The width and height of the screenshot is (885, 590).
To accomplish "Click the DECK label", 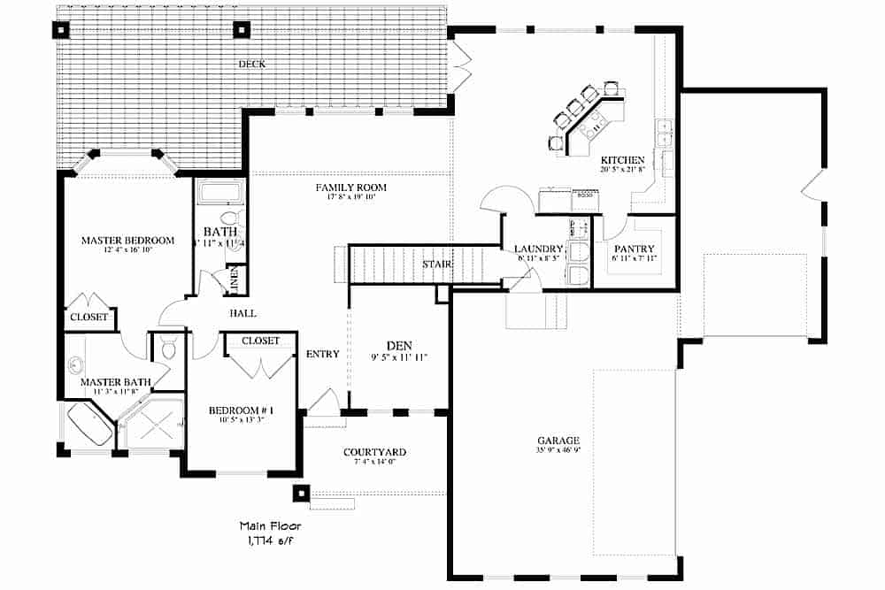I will pos(251,64).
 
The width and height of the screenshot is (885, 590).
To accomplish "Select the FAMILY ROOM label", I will pos(351,188).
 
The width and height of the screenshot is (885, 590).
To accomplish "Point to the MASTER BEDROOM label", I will pos(127,240).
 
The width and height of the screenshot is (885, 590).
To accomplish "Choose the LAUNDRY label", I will pos(538,249).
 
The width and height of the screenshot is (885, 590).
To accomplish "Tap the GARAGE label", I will pos(558,440).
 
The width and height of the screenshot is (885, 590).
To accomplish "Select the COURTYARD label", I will pos(374,452).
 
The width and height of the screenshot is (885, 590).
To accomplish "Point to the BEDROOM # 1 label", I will pos(241,410).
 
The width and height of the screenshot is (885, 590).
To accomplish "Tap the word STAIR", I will pos(437,264).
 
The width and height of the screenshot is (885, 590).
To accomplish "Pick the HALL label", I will pos(243,313).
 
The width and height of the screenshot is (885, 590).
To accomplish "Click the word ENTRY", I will pos(322,354).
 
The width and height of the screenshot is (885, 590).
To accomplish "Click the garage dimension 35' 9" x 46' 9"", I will pos(558,450).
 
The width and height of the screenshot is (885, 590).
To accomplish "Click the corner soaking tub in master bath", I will pos(89,425).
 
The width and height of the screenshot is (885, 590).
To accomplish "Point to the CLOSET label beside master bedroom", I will pos(88,317).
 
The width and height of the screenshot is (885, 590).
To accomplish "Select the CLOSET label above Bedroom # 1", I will pos(260,341).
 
